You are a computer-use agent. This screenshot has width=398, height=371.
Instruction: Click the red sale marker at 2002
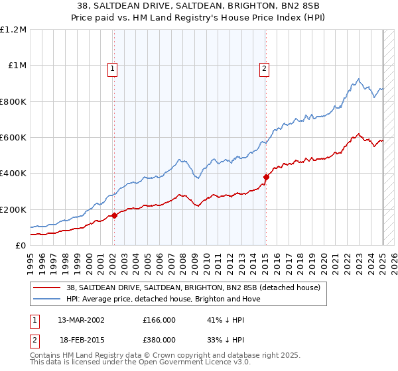114,215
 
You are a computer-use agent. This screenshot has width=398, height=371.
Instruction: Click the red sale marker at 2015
266,177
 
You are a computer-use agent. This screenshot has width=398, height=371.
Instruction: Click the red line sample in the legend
47,288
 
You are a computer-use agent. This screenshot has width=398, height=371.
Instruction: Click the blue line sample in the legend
47,299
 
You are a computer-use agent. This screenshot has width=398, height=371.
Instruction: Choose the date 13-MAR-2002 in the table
82,320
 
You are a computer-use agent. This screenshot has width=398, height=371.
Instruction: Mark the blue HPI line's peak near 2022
358,79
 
